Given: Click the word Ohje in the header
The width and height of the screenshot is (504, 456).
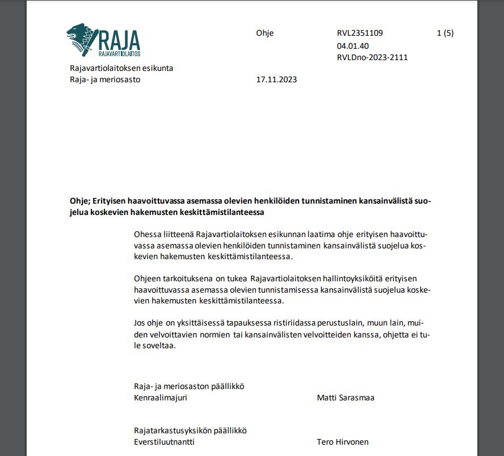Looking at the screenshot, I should [x=264, y=33].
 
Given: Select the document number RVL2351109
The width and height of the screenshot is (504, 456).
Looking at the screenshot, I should [x=364, y=33].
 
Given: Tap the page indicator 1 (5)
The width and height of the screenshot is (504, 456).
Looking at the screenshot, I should [x=445, y=33].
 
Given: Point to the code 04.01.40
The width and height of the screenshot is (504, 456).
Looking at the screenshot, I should [x=353, y=45].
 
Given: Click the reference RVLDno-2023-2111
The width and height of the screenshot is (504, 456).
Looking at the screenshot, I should [x=372, y=57].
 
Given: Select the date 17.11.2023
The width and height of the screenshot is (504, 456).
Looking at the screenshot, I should [x=276, y=79].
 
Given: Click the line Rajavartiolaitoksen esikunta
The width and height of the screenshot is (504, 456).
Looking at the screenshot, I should [x=121, y=68].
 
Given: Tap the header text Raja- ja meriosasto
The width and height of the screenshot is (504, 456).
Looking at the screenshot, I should [x=104, y=79].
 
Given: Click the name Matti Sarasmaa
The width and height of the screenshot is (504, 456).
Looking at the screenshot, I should [x=346, y=398].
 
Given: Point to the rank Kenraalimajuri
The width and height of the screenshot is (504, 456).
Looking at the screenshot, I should [x=161, y=398].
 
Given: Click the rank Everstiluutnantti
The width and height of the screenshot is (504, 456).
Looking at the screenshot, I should [x=164, y=442].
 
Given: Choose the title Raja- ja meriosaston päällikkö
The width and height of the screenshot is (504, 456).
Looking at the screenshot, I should [x=188, y=386].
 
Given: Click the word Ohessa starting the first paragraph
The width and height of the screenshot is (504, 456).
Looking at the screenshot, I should [x=147, y=234].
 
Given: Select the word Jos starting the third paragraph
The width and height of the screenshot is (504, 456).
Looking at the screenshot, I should [x=140, y=323].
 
